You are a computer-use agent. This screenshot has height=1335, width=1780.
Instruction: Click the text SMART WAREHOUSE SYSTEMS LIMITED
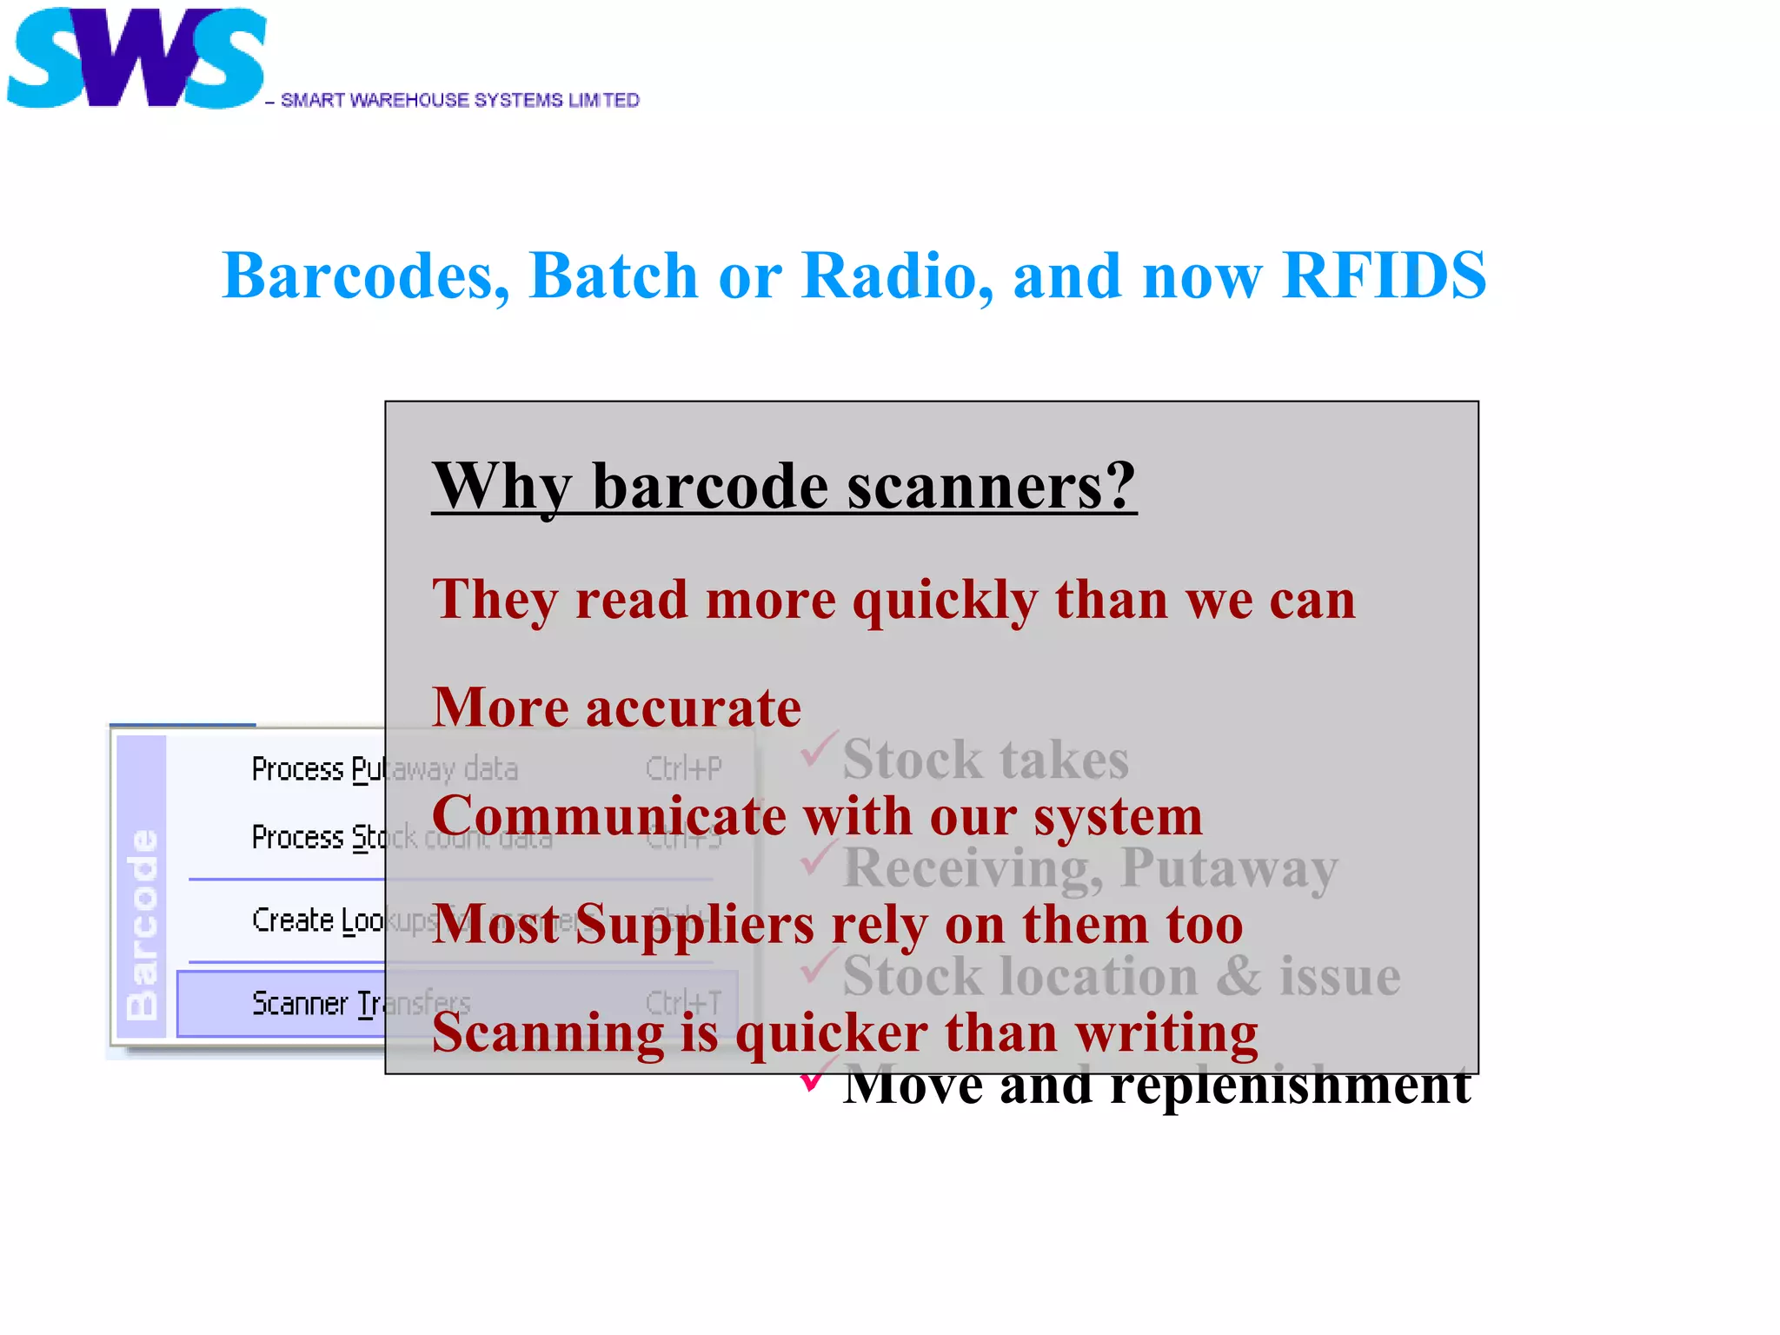click(460, 101)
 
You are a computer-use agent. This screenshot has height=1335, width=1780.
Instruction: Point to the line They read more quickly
click(893, 600)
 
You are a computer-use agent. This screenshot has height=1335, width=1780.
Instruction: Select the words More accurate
click(616, 707)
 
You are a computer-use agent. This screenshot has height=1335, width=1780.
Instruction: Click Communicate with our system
click(816, 816)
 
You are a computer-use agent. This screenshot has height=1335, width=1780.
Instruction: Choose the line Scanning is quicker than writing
click(844, 1033)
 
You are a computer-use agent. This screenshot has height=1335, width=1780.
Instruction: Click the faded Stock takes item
click(985, 760)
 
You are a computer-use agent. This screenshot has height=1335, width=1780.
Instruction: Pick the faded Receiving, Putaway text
click(1090, 867)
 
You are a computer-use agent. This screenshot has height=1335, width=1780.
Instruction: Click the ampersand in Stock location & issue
click(1238, 976)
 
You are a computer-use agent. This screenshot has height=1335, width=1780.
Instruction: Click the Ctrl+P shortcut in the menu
click(683, 769)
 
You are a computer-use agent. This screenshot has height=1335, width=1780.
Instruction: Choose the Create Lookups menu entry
click(317, 920)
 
